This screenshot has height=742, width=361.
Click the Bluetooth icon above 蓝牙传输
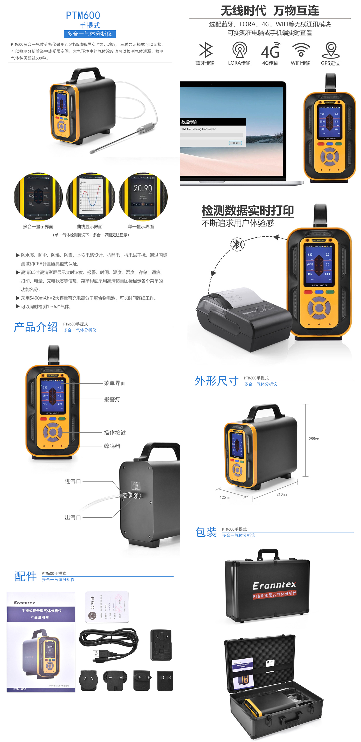click(x=206, y=50)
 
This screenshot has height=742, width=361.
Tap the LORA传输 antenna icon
click(x=240, y=50)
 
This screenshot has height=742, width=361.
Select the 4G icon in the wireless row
click(x=270, y=51)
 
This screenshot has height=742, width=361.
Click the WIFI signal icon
click(x=301, y=50)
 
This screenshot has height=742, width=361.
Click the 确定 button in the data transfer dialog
click(x=235, y=143)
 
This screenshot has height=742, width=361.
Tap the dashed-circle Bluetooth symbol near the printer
click(x=237, y=244)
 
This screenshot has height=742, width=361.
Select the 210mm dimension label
click(x=281, y=494)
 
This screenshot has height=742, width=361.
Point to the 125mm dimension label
click(x=225, y=497)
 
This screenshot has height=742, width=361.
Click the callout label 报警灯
click(x=112, y=399)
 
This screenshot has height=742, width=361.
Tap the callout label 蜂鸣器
click(x=112, y=446)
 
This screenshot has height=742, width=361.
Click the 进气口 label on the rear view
click(x=73, y=481)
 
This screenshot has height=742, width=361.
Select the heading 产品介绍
click(x=36, y=327)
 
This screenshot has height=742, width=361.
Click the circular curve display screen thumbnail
click(x=91, y=197)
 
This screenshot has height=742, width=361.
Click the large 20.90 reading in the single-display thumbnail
click(x=143, y=188)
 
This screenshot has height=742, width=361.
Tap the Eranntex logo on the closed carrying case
click(x=274, y=585)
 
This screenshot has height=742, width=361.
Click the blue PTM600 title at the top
click(x=83, y=15)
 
